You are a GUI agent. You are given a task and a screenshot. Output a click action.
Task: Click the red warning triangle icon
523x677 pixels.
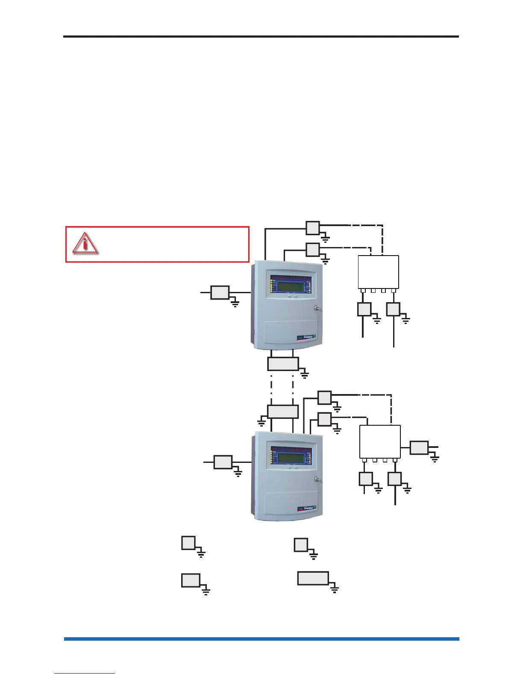pyautogui.click(x=85, y=244)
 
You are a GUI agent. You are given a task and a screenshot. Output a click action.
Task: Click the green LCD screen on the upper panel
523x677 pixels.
pyautogui.click(x=291, y=286)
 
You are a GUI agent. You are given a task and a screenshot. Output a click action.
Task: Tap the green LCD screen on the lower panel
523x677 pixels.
pyautogui.click(x=291, y=456)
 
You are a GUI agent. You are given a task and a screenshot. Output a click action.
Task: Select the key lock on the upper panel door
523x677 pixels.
pyautogui.click(x=317, y=308)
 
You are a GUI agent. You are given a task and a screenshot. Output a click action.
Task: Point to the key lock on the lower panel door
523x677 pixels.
pyautogui.click(x=317, y=479)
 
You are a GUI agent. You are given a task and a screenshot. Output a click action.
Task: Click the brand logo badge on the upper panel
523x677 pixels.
pyautogui.click(x=306, y=338)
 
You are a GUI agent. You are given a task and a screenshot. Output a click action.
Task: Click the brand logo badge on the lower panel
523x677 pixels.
pyautogui.click(x=306, y=509)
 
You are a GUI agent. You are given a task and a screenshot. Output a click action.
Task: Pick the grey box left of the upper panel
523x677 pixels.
pyautogui.click(x=220, y=293)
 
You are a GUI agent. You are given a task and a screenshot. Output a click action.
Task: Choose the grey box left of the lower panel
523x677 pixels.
pyautogui.click(x=223, y=462)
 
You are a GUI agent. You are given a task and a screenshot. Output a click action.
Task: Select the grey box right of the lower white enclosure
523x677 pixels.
pyautogui.click(x=419, y=447)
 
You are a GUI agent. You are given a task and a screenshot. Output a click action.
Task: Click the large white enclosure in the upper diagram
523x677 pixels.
pyautogui.click(x=378, y=272)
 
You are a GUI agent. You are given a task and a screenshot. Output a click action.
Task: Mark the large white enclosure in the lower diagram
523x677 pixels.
pyautogui.click(x=380, y=442)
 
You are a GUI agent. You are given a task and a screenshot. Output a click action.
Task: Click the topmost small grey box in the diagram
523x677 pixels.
pyautogui.click(x=313, y=228)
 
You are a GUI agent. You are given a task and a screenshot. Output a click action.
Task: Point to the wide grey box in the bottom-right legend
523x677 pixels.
pyautogui.click(x=313, y=578)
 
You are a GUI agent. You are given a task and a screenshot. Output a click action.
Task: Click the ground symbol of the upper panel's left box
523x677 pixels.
pyautogui.click(x=235, y=304)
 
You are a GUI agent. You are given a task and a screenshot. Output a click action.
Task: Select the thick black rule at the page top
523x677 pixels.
pyautogui.click(x=261, y=37)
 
